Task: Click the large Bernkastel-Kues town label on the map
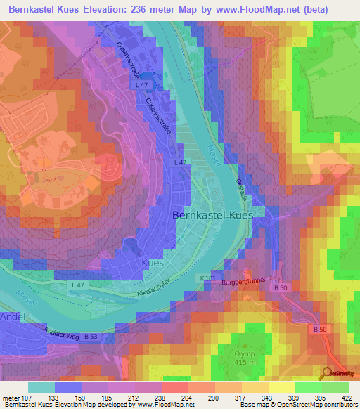click(x=217, y=217)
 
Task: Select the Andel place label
click(x=13, y=318)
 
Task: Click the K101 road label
click(x=227, y=278)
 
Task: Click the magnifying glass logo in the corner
click(x=328, y=372)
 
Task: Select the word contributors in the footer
click(x=340, y=405)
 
